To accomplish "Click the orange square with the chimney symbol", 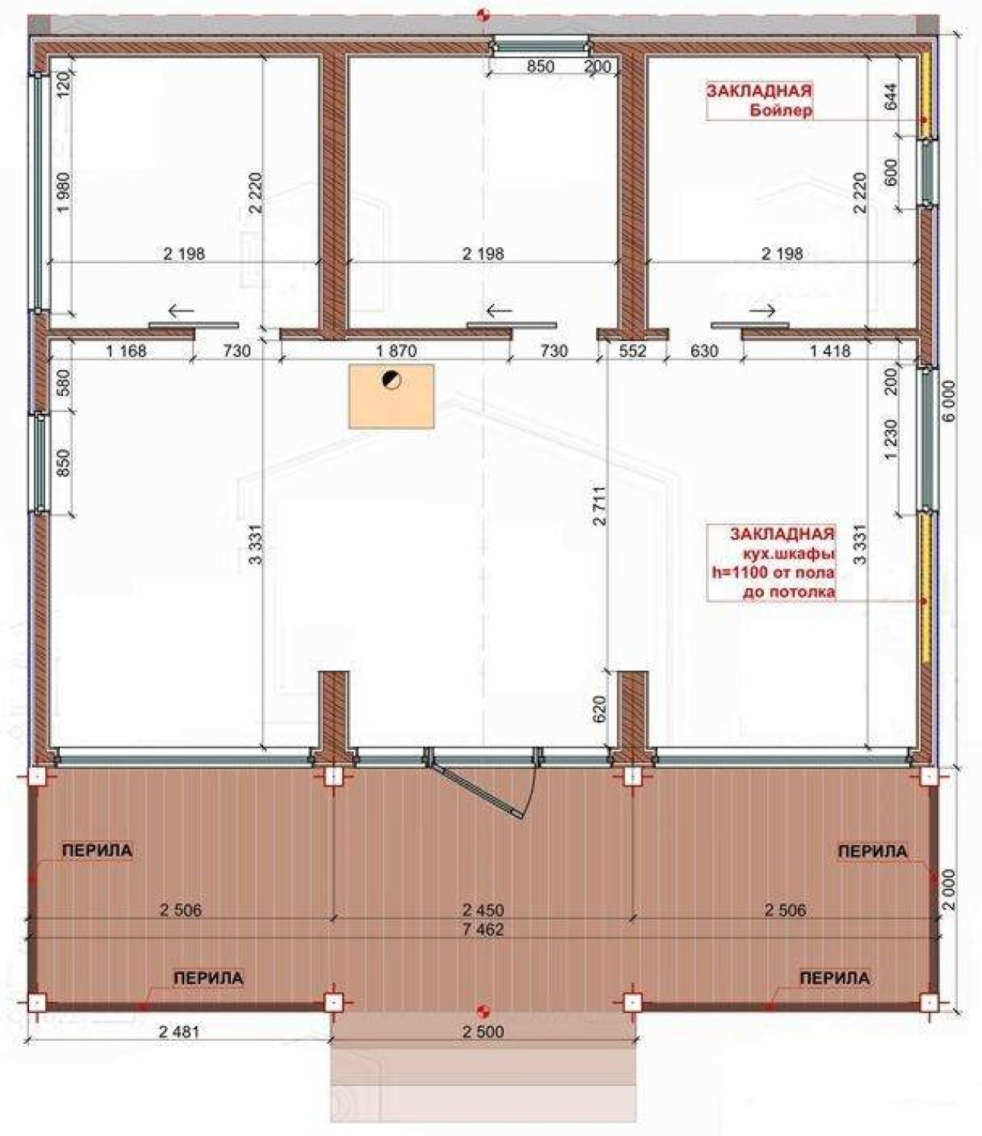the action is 391,396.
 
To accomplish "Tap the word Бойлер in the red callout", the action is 781,111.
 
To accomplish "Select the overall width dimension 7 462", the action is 483,930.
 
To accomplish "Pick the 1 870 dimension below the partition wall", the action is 396,351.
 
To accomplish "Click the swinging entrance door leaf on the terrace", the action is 476,791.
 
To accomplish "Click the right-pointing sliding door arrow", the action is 763,311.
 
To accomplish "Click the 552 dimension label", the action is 633,351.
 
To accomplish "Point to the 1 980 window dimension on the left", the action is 64,193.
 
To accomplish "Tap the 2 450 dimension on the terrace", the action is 483,910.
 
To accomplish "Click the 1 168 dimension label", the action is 127,351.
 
